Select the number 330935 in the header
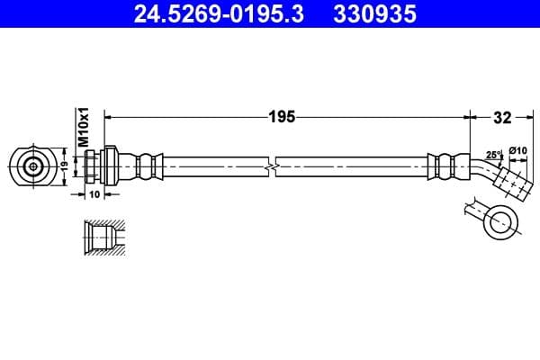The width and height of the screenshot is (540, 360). (x=370, y=14)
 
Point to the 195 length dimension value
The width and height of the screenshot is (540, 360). (x=283, y=116)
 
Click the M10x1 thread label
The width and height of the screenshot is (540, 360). (x=81, y=127)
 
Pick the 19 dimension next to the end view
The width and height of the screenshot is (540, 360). (x=64, y=166)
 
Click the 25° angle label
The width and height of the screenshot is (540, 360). (x=493, y=155)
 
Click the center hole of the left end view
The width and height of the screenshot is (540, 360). (x=34, y=166)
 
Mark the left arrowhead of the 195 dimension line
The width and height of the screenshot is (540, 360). (x=110, y=116)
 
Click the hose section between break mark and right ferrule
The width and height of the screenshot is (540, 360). (x=351, y=166)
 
